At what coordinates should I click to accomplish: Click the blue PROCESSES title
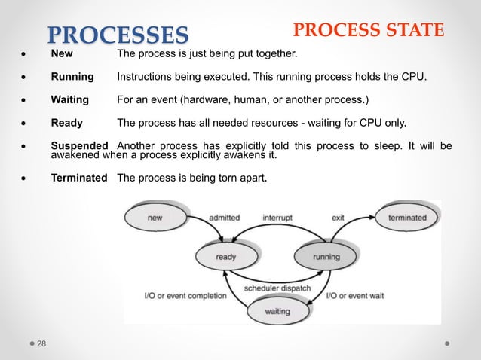pyautogui.click(x=118, y=34)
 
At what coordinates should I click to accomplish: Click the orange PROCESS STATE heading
pyautogui.click(x=368, y=30)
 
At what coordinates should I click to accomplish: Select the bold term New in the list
pyautogui.click(x=62, y=55)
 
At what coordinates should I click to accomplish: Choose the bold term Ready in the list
pyautogui.click(x=66, y=124)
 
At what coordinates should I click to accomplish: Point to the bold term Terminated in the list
pyautogui.click(x=78, y=178)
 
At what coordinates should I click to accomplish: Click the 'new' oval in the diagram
pyautogui.click(x=155, y=218)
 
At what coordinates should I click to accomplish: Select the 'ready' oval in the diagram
pyautogui.click(x=226, y=257)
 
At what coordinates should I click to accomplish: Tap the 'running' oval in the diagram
pyautogui.click(x=326, y=257)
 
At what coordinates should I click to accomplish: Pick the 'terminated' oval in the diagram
pyautogui.click(x=407, y=218)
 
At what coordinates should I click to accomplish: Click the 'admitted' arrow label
pyautogui.click(x=224, y=218)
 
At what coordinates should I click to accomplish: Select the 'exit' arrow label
pyautogui.click(x=338, y=218)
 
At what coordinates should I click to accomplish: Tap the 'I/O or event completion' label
pyautogui.click(x=185, y=295)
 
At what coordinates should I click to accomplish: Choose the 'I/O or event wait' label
pyautogui.click(x=355, y=295)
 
